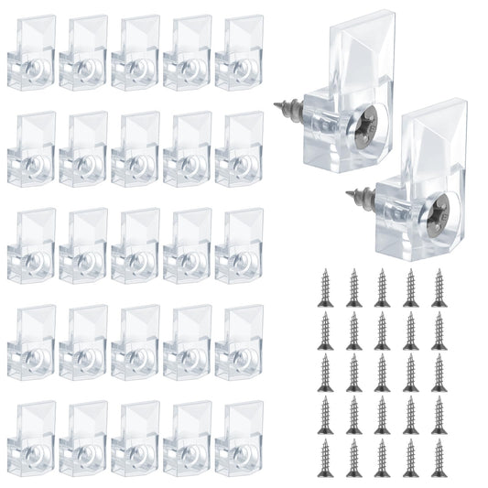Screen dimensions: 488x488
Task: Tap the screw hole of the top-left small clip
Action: pyautogui.click(x=33, y=68)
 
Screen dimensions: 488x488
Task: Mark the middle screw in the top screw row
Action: pyautogui.click(x=382, y=287)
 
